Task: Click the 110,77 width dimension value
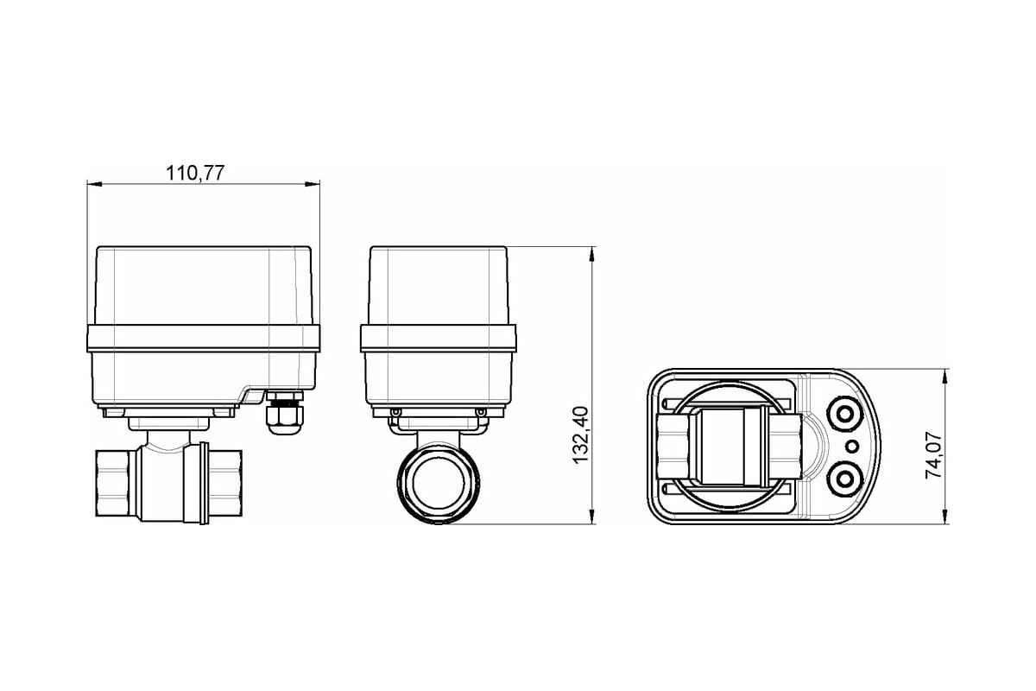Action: pos(195,173)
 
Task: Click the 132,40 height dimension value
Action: pos(580,434)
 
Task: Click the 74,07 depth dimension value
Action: pos(933,455)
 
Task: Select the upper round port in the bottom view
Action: pos(844,415)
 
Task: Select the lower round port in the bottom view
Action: pos(844,479)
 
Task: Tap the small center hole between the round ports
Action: pos(852,447)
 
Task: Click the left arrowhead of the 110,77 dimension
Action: pos(94,184)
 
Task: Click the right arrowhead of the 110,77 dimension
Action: pos(313,184)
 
